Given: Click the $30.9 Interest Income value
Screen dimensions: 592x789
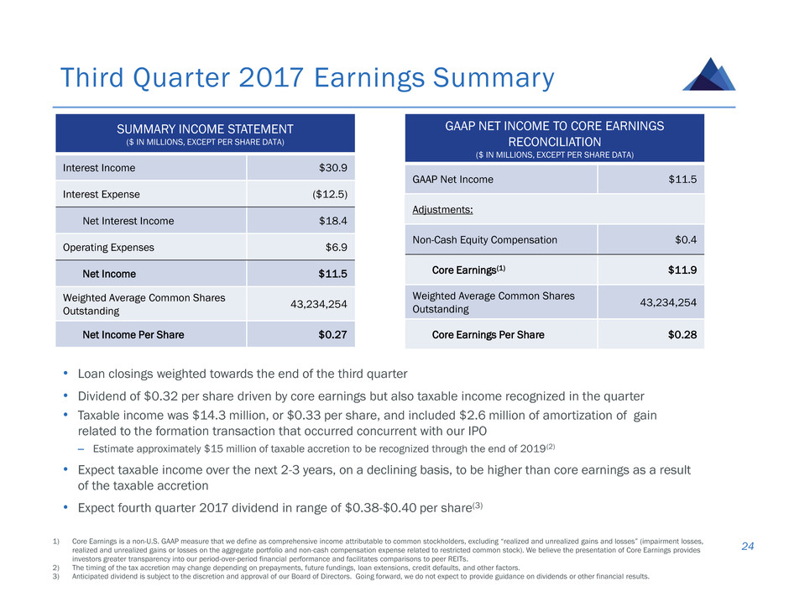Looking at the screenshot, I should point(330,167).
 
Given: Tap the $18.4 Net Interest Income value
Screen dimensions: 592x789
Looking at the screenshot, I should point(330,221).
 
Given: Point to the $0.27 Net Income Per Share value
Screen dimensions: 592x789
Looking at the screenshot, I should point(332,334).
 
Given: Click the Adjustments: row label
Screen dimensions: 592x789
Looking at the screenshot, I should point(442,209).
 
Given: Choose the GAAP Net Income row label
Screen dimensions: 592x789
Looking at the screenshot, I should point(453,179).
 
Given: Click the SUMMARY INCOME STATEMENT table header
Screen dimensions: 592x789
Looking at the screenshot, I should point(206,128).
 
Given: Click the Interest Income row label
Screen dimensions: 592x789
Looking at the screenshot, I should point(99,167).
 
